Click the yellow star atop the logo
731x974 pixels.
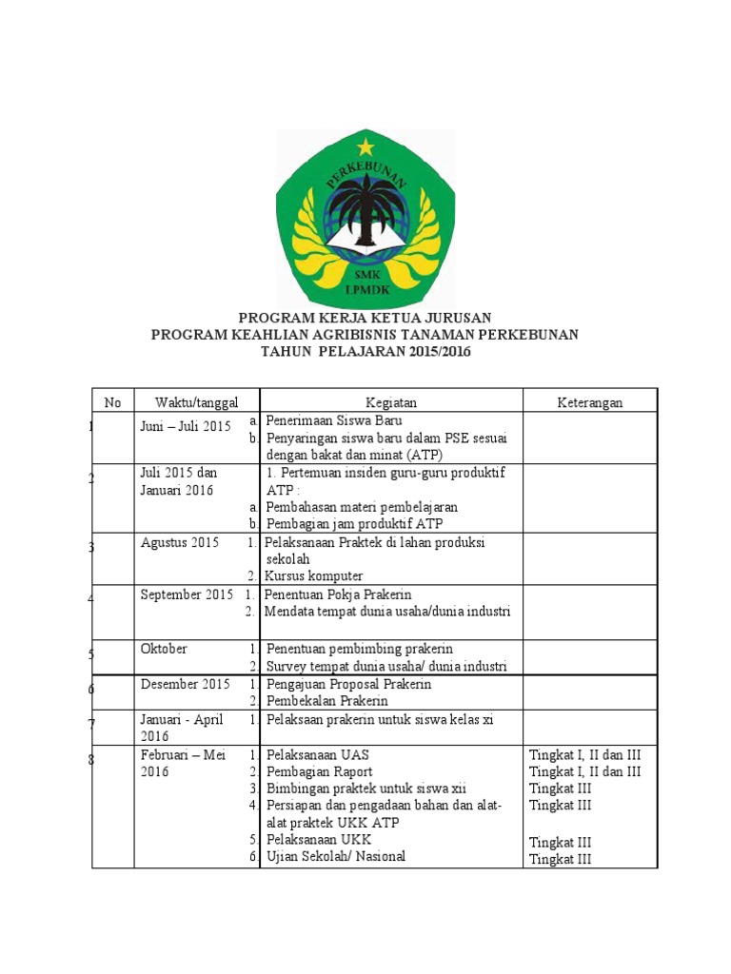(x=365, y=147)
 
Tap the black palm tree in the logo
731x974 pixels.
(x=365, y=205)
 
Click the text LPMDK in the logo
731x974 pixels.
(x=365, y=290)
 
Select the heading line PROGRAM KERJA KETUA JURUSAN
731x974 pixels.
(x=365, y=317)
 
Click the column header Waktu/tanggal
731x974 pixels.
(x=197, y=402)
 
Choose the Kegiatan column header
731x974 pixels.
(x=391, y=402)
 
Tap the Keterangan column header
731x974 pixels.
(x=590, y=402)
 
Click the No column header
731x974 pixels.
(x=112, y=402)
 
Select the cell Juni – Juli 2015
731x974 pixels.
(x=187, y=427)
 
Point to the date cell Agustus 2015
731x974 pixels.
(x=180, y=543)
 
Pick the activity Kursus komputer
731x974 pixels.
(x=314, y=576)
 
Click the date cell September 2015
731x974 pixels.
(x=187, y=595)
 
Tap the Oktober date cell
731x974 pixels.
(x=164, y=649)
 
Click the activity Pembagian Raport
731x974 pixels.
(x=320, y=771)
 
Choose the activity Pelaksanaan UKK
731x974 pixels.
(x=319, y=840)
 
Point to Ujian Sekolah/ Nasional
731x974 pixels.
(x=336, y=856)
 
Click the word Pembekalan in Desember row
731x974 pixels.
(x=300, y=701)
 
